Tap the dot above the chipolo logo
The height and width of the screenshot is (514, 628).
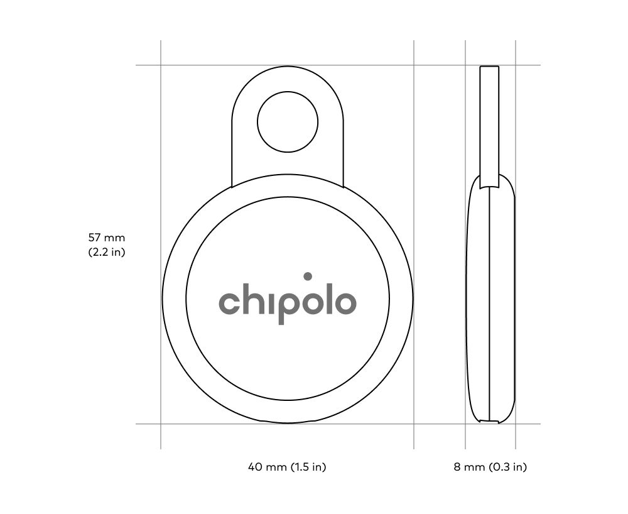pyautogui.click(x=308, y=276)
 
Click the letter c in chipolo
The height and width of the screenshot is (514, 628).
pyautogui.click(x=229, y=303)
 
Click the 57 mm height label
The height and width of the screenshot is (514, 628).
pyautogui.click(x=107, y=238)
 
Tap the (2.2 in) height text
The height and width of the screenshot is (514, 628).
pyautogui.click(x=107, y=252)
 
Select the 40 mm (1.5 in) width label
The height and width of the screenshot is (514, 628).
pyautogui.click(x=287, y=467)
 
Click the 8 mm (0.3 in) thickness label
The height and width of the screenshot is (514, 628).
pyautogui.click(x=490, y=467)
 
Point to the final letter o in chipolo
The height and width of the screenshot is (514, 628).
pyautogui.click(x=345, y=303)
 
